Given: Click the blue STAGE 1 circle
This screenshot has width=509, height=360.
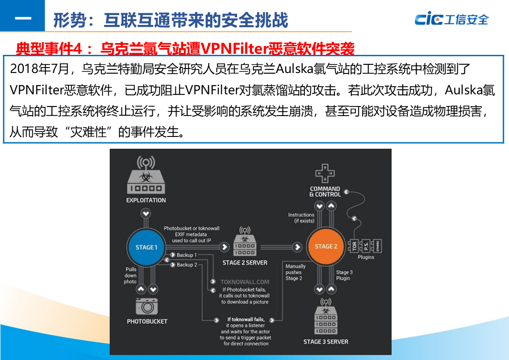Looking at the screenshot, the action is coord(146,247).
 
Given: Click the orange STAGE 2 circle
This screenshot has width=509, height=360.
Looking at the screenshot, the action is coord(326,247).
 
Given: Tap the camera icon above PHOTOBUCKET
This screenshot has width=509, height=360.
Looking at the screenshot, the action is coord(147,307).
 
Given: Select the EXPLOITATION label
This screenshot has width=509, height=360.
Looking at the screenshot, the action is coord(146,200).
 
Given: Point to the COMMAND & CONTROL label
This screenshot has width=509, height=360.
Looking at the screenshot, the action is coord(325,191).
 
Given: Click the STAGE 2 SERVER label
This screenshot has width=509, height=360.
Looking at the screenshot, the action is coord(245,263).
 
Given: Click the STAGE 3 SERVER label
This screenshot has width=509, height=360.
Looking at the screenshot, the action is coord(326,341).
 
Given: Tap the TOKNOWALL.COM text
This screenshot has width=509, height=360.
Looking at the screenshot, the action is coord(245,282).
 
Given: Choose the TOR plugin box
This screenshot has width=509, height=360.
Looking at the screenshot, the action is coord(354,246).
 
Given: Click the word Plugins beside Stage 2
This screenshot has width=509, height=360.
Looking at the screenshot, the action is coord(366,257).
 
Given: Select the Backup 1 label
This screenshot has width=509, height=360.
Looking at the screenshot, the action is coord(187,255).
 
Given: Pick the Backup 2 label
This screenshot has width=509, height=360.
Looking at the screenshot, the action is coord(187,265).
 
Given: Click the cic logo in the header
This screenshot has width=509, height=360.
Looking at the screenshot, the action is coord(451,19).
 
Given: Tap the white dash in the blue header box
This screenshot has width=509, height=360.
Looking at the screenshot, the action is coord(23,19).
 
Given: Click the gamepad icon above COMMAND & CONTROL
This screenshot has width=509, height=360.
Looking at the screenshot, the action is coord(325,173).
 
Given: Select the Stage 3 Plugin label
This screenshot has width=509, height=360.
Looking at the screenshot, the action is coord(344,275).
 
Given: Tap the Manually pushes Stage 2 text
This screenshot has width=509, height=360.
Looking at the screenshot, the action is coord(296,272).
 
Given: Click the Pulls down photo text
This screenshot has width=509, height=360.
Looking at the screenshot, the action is coord(131,275).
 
